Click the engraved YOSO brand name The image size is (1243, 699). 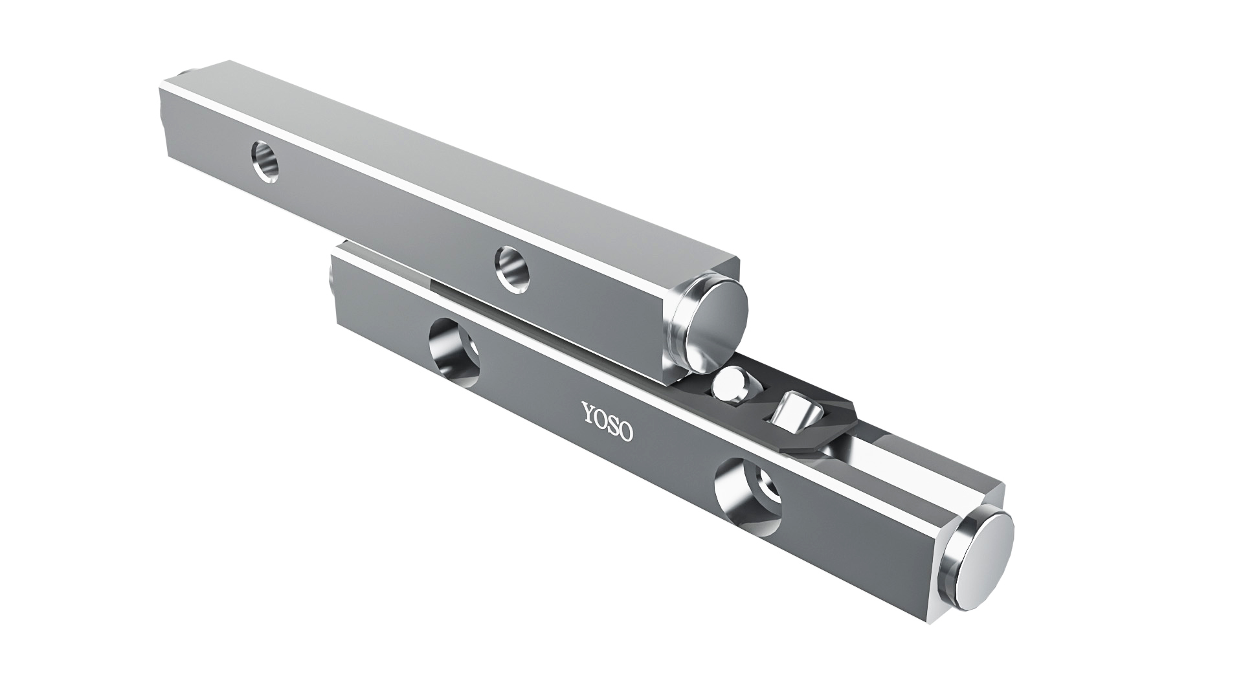pos(606,422)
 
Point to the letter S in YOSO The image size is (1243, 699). pos(614,425)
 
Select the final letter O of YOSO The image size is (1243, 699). pos(626,431)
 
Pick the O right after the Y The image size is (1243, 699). pos(600,419)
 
